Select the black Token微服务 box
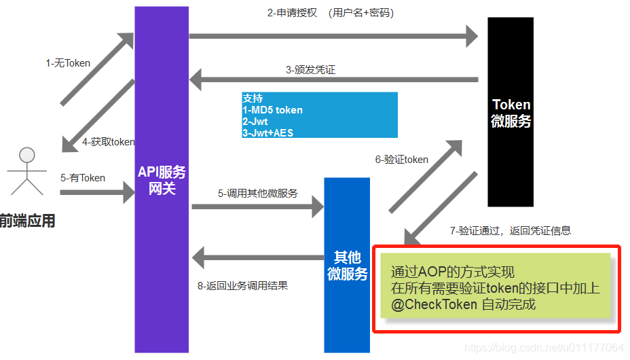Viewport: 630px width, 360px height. tap(511, 112)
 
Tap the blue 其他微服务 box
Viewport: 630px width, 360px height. tap(347, 265)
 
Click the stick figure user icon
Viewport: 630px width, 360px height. tap(26, 170)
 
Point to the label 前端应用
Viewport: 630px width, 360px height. tap(27, 221)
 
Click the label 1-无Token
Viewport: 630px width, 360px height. tap(68, 63)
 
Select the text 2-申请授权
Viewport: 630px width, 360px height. tap(292, 13)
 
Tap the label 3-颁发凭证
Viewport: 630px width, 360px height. tap(310, 69)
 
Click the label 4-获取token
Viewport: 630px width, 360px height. tap(108, 142)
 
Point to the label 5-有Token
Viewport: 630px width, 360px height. tap(82, 178)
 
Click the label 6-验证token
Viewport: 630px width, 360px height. tap(401, 160)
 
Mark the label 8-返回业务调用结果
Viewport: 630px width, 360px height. tap(242, 286)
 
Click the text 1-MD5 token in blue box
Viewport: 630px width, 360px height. tap(272, 110)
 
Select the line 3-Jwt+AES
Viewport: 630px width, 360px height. tap(267, 133)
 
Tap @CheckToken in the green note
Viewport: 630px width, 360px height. tap(434, 304)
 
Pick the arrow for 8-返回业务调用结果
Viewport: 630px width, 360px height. tap(258, 257)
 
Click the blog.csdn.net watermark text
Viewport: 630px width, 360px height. tap(543, 348)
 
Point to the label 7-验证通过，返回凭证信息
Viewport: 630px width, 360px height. tap(510, 231)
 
